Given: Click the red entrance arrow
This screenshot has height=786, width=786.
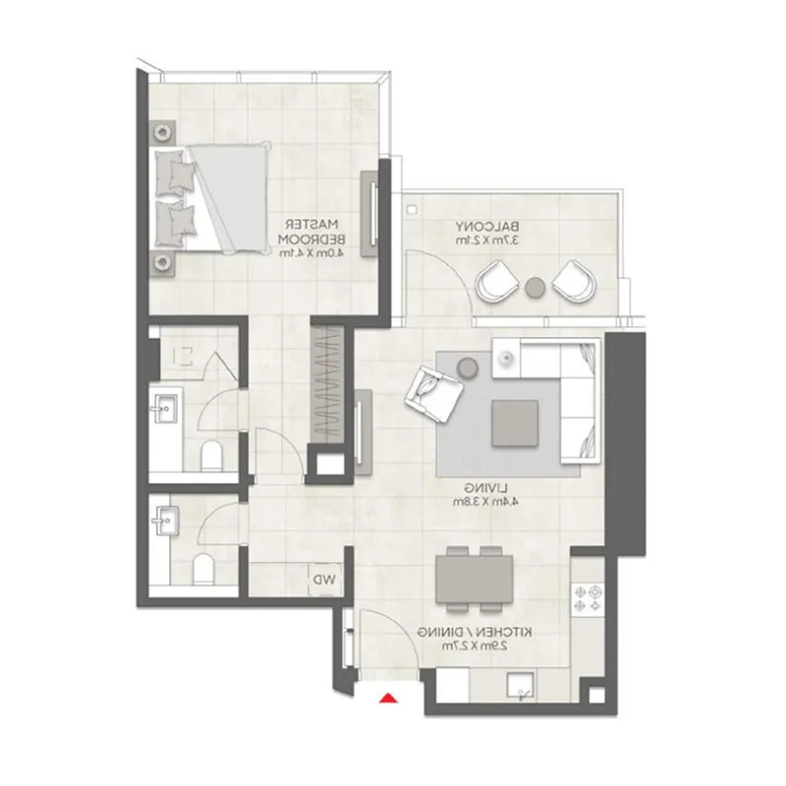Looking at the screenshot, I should (389, 699).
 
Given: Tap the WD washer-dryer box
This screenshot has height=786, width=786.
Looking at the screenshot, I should (323, 580).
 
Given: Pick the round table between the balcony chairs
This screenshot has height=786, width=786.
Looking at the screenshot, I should (535, 287).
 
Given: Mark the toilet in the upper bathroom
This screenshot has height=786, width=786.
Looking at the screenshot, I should (210, 455).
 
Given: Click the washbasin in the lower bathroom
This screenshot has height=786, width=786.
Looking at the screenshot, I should (166, 519).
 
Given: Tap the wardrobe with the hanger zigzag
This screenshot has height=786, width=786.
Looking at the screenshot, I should (327, 384).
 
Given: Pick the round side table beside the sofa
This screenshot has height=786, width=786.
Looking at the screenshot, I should (468, 366).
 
